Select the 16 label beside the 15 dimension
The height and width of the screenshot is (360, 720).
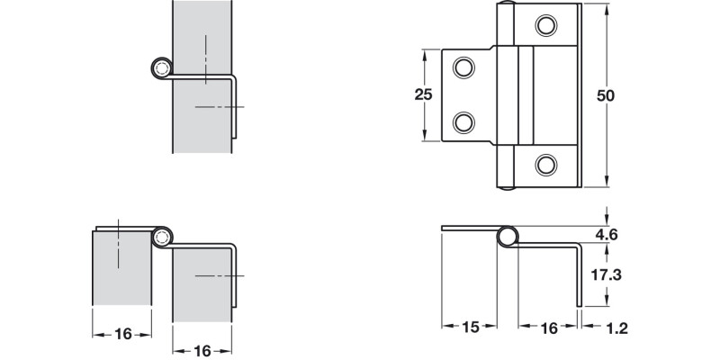pyautogui.click(x=548, y=330)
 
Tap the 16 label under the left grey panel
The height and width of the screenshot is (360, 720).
pyautogui.click(x=123, y=333)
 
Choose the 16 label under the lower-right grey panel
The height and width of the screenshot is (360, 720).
pyautogui.click(x=202, y=351)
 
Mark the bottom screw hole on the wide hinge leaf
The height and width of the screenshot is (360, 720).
pyautogui.click(x=545, y=163)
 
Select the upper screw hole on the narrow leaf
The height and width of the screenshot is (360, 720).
pyautogui.click(x=463, y=67)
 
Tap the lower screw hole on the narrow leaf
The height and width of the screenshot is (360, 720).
pyautogui.click(x=463, y=121)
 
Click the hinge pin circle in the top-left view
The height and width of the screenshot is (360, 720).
pyautogui.click(x=161, y=68)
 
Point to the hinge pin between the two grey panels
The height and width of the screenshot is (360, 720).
pyautogui.click(x=162, y=237)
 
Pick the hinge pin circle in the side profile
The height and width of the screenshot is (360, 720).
pyautogui.click(x=508, y=237)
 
